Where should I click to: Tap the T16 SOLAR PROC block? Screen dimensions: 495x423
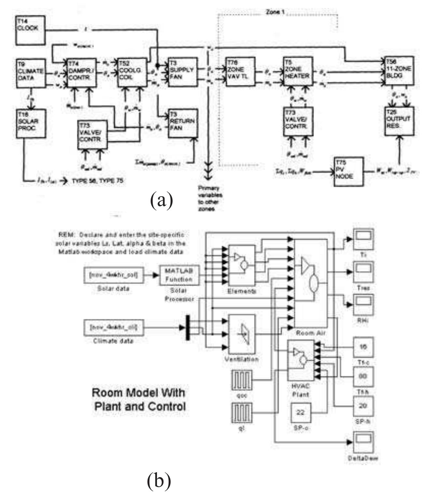point(31,124)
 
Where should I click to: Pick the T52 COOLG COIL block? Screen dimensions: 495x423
point(132,72)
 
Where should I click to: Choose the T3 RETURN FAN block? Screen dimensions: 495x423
point(182,124)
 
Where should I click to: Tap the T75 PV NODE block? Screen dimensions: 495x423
point(348,172)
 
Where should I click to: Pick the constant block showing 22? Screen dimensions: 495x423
point(300,413)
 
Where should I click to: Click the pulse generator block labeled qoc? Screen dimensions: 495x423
point(241,380)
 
